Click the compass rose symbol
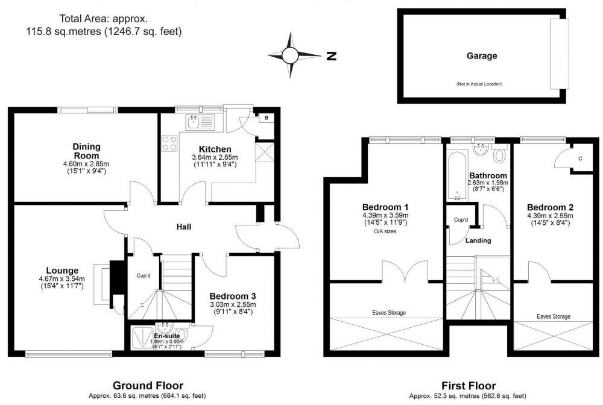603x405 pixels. (x=290, y=55)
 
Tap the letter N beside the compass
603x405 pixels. (x=330, y=56)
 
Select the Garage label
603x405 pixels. (x=481, y=56)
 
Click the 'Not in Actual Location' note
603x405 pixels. (x=479, y=84)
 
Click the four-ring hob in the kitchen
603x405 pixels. (x=169, y=143)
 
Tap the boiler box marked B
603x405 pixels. (x=265, y=118)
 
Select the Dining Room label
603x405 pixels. (x=86, y=151)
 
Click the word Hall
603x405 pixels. (x=183, y=227)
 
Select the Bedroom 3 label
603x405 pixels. (x=233, y=296)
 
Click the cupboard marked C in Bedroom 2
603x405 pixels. (x=578, y=159)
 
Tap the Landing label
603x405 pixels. (x=478, y=240)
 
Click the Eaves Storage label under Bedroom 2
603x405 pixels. (x=553, y=316)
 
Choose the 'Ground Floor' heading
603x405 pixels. (x=148, y=385)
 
